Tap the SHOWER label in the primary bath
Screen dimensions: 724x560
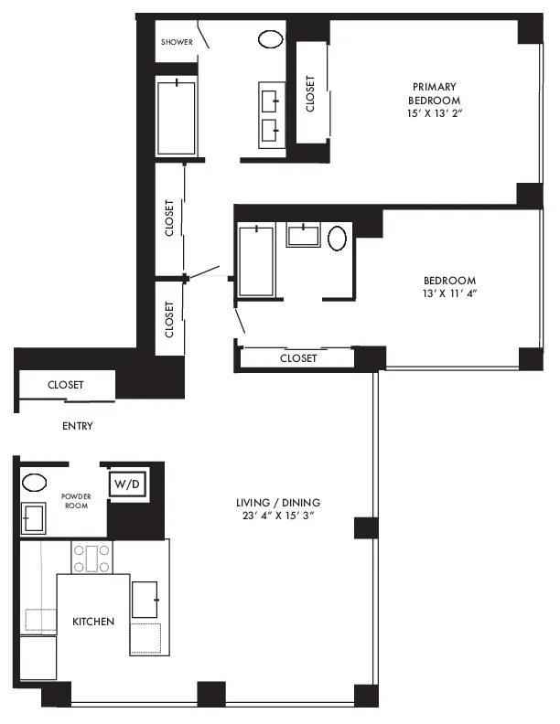[x=175, y=42]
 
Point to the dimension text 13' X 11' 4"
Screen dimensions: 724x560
[x=449, y=294]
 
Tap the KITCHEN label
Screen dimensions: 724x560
[x=93, y=622]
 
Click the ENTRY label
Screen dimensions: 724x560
[x=77, y=426]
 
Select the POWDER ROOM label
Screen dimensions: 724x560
[x=75, y=500]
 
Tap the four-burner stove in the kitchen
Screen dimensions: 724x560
[x=92, y=558]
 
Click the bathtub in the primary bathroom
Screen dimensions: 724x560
[x=176, y=119]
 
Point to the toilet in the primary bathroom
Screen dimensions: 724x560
[x=270, y=40]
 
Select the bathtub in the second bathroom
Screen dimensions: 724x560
[x=255, y=261]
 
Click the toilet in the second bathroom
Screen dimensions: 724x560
[x=338, y=239]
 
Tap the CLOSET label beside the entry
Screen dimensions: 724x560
[x=65, y=386]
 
